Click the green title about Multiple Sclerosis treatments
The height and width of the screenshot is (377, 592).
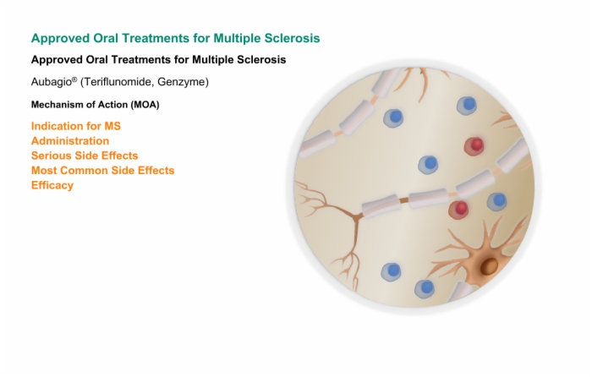point(176,38)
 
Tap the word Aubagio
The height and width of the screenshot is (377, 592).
point(52,82)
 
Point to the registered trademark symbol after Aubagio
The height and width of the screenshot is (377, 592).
point(74,79)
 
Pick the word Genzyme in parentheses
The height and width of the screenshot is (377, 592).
point(181,82)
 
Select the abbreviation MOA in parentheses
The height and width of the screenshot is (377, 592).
point(145,105)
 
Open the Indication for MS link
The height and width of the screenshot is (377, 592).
point(76,126)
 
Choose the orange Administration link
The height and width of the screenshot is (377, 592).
point(70,141)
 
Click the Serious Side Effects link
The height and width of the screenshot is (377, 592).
point(85,156)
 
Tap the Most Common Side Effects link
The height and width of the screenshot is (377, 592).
point(102,170)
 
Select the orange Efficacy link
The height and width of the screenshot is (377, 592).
point(52,185)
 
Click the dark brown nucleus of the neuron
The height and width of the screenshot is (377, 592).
point(490,266)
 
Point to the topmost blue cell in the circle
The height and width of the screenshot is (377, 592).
point(467,105)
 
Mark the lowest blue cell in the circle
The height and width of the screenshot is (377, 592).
point(425,288)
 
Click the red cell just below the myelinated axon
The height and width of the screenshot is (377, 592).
point(458,209)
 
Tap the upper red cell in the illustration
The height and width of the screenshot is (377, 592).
point(474,145)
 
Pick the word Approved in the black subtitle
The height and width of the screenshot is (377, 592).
point(57,60)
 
